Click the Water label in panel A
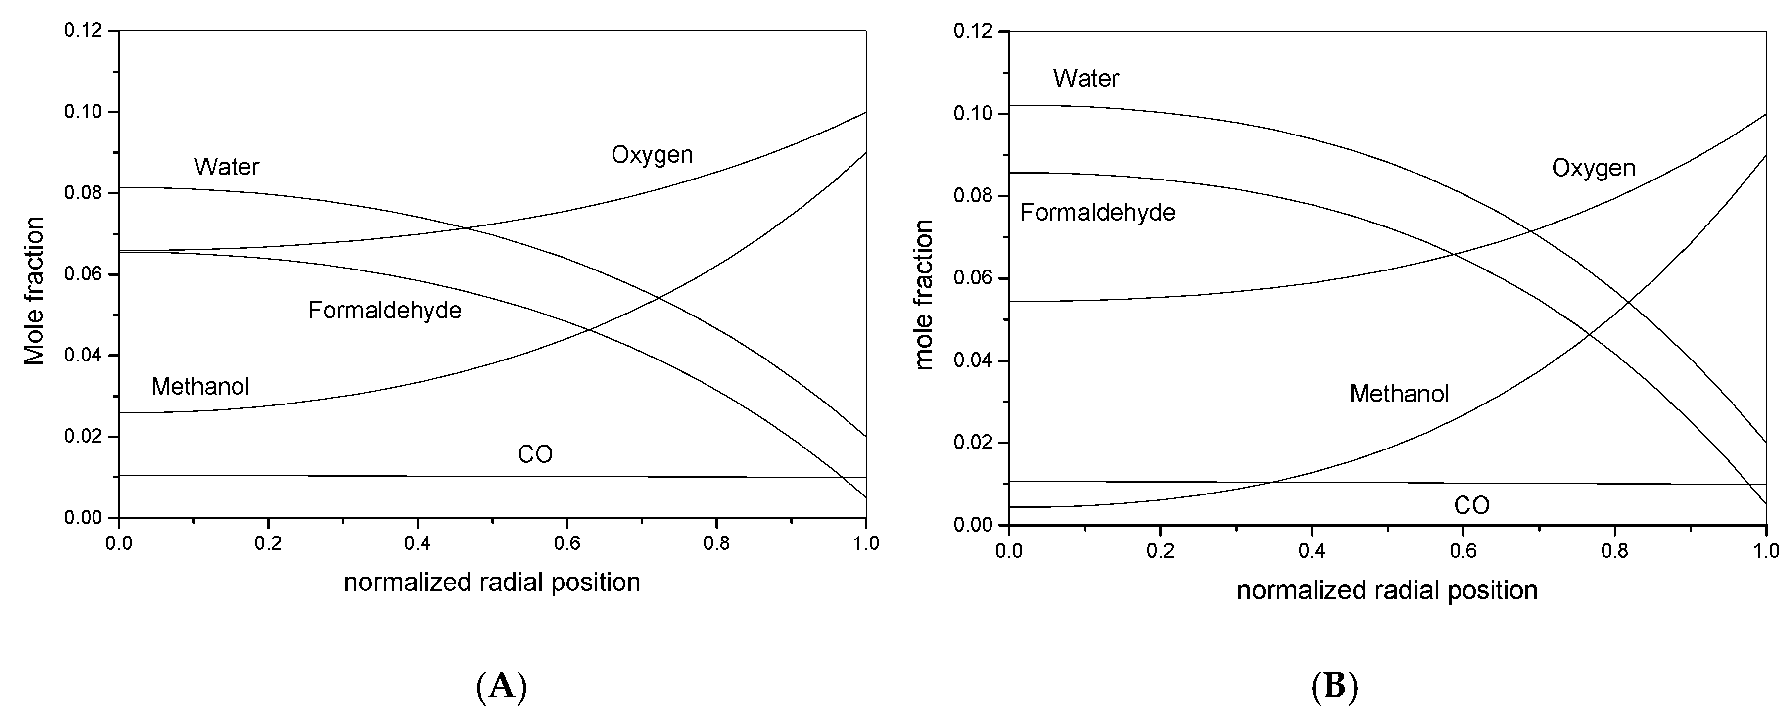tap(226, 167)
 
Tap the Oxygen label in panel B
tap(1593, 168)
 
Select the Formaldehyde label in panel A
tap(385, 310)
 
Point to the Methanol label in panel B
tap(1399, 394)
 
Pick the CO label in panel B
tap(1471, 505)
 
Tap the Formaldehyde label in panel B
tap(1097, 212)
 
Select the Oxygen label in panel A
tap(652, 154)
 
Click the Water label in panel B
tap(1085, 78)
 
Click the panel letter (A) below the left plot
tap(501, 687)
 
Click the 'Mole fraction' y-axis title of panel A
tap(33, 291)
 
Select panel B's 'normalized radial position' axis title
tap(1386, 590)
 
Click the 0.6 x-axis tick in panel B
tap(1462, 551)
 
